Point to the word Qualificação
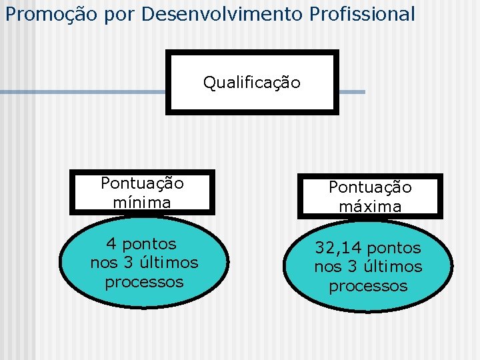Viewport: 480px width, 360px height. pyautogui.click(x=251, y=83)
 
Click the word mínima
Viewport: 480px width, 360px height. pyautogui.click(x=142, y=202)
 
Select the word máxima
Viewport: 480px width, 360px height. pyautogui.click(x=370, y=207)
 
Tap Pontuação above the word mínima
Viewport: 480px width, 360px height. pyautogui.click(x=142, y=183)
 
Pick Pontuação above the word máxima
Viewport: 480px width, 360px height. pyautogui.click(x=370, y=188)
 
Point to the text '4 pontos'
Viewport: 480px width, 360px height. pyautogui.click(x=141, y=244)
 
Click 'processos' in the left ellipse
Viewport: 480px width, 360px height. pyautogui.click(x=144, y=281)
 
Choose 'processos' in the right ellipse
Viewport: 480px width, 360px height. pyautogui.click(x=368, y=286)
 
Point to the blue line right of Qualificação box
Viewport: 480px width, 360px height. pyautogui.click(x=351, y=92)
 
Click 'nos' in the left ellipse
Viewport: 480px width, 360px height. pyautogui.click(x=103, y=263)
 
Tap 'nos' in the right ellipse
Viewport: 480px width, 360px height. pyautogui.click(x=327, y=267)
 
